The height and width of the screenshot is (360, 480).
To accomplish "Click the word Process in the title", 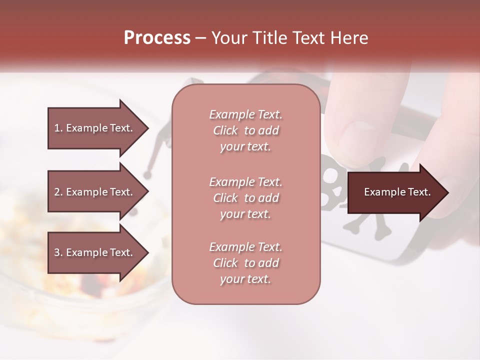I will [157, 38].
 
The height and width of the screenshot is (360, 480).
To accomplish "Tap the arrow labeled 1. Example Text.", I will [95, 128].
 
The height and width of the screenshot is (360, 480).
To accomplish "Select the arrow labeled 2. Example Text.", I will [95, 192].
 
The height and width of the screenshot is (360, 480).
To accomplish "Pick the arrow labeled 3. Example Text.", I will [95, 252].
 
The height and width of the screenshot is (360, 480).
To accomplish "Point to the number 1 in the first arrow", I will [56, 128].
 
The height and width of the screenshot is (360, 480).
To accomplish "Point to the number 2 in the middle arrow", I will [57, 192].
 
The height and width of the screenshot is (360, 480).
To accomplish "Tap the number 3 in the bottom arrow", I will [57, 252].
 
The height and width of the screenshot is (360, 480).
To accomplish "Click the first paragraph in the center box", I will [245, 130].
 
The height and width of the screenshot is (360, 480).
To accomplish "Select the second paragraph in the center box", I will [245, 197].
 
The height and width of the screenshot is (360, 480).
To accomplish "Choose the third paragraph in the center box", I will [245, 263].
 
